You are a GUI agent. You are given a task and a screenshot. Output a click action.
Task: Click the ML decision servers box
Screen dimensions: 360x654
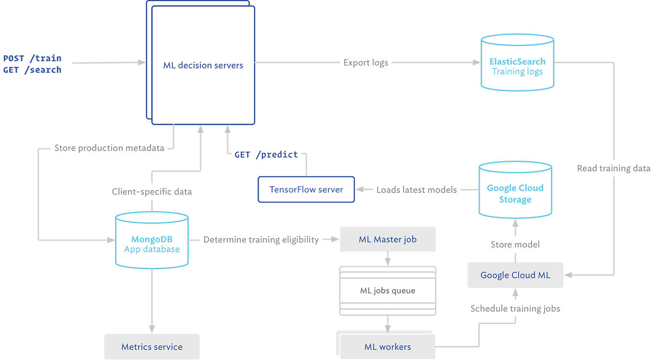click(203, 65)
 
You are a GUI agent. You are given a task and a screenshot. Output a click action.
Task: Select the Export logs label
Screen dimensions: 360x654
click(366, 63)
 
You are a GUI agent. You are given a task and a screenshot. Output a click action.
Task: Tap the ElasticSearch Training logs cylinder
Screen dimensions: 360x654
click(517, 66)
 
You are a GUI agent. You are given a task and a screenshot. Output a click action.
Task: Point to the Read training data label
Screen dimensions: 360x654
click(613, 168)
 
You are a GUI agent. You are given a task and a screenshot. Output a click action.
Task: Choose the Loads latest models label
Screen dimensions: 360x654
click(417, 190)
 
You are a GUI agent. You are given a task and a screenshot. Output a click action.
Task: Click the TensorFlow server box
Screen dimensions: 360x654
click(306, 190)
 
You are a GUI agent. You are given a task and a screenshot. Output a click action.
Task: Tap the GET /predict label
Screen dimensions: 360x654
click(266, 154)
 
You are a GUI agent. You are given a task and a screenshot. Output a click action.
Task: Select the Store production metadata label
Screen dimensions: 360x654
click(109, 148)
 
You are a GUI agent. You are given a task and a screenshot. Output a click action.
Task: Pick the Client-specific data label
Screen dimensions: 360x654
click(152, 192)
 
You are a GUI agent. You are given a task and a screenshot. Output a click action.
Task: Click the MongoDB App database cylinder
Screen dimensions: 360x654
click(152, 244)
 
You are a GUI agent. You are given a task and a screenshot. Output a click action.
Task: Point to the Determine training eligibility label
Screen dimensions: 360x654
click(261, 239)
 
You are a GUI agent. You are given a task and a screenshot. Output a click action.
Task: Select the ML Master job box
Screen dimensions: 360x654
click(387, 239)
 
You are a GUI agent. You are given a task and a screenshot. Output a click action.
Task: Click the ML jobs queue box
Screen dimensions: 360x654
click(387, 290)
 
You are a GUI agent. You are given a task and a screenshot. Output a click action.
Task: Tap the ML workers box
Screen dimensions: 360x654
click(387, 347)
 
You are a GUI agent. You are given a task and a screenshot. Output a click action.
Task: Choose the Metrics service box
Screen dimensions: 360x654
click(152, 347)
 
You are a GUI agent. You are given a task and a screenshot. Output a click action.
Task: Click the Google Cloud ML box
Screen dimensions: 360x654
click(515, 275)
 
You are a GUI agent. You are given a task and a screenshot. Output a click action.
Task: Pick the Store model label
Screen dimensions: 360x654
click(515, 244)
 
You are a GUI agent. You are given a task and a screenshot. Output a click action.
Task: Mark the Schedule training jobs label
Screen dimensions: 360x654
click(515, 309)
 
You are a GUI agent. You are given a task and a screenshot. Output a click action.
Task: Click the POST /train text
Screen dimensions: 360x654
click(32, 58)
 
